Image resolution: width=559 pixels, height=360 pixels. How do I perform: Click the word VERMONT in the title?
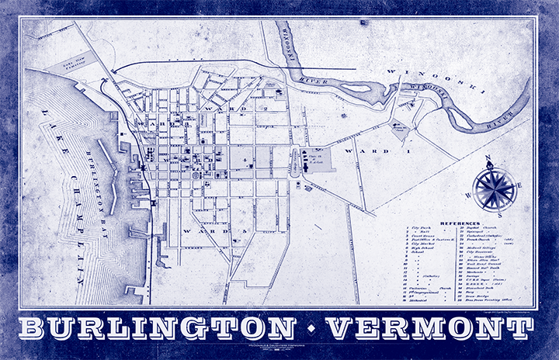(426, 327)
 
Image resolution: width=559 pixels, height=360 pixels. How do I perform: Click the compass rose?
(490, 189)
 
